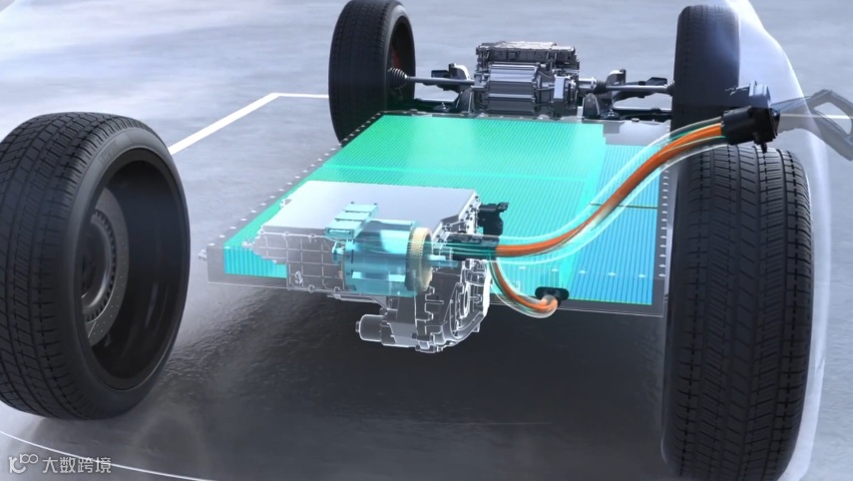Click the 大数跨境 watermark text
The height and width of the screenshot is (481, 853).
(77, 465)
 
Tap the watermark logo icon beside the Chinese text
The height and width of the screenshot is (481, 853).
(24, 463)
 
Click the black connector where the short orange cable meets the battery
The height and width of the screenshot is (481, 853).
(552, 294)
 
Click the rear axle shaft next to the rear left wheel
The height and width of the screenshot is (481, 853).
(430, 80)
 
